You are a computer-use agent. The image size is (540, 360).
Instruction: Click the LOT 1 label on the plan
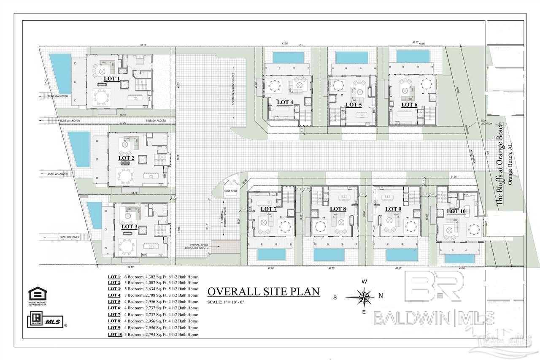click(112, 78)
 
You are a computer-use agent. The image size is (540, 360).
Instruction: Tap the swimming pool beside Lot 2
click(79, 149)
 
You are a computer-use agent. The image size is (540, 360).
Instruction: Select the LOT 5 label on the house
click(354, 104)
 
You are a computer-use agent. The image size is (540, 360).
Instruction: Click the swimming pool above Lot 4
click(288, 57)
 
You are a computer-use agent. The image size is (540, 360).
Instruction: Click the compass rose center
click(362, 297)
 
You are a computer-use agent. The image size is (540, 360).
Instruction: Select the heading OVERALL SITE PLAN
click(263, 292)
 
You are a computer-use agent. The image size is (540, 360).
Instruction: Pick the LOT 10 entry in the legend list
click(115, 335)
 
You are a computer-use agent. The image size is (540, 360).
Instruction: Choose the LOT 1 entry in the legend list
click(114, 276)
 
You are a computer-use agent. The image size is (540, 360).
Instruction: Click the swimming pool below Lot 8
click(329, 254)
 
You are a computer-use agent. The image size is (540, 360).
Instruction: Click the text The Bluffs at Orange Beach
click(499, 164)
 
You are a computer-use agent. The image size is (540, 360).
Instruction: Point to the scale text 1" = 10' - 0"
click(226, 303)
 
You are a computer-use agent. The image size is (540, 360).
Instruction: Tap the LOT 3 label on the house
click(129, 226)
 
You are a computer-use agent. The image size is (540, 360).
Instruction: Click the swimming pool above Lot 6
click(413, 56)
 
